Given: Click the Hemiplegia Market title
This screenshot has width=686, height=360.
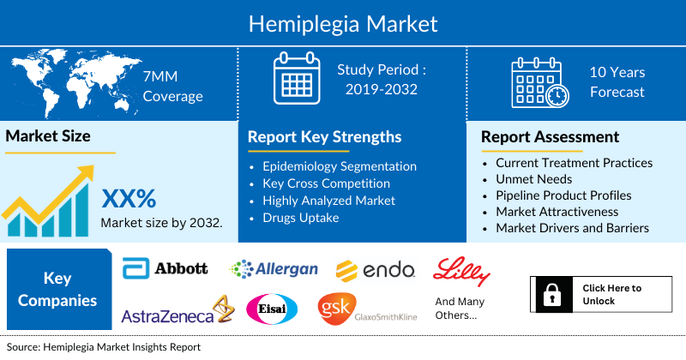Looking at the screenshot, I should tap(343, 23).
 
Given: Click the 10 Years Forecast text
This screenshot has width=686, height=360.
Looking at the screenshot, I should tap(617, 82).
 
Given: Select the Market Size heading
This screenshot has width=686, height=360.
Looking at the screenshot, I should tap(48, 135).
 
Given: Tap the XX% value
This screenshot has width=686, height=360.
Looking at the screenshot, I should tap(129, 199).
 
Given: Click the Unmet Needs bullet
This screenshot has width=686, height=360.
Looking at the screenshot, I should tap(535, 178).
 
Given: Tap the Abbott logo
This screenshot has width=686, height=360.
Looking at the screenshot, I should tap(165, 268).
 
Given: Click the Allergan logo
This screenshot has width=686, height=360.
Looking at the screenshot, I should tap(274, 269).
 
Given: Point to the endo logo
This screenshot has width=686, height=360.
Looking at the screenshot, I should tap(376, 270).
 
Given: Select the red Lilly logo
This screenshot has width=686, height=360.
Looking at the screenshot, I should tap(462, 271).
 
